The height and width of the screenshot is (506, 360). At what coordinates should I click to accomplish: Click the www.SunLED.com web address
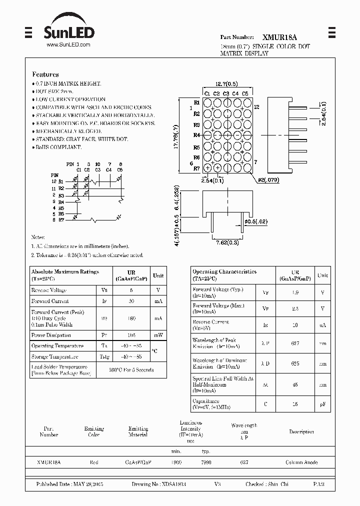point(68,45)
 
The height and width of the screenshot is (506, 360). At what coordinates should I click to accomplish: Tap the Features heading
point(45,74)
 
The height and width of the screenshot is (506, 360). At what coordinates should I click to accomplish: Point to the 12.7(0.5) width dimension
point(226,84)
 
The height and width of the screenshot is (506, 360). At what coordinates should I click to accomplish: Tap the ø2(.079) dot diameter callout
point(268,179)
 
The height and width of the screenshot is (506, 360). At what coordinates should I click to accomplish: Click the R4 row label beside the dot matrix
point(196,135)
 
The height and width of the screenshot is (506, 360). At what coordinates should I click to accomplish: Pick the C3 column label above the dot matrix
point(226,93)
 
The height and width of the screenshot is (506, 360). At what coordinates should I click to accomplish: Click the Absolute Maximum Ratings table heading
point(65,272)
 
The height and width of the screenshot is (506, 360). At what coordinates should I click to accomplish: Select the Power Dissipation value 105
point(131,335)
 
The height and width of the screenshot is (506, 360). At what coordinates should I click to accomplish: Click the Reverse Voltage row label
point(49,290)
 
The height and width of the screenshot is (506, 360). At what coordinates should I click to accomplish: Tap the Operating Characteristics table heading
point(224,272)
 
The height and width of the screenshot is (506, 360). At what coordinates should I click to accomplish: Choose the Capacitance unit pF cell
point(322,403)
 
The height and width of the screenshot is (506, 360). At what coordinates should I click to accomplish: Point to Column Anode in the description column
point(301,463)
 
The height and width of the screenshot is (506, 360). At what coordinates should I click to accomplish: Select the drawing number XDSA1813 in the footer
point(174,485)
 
